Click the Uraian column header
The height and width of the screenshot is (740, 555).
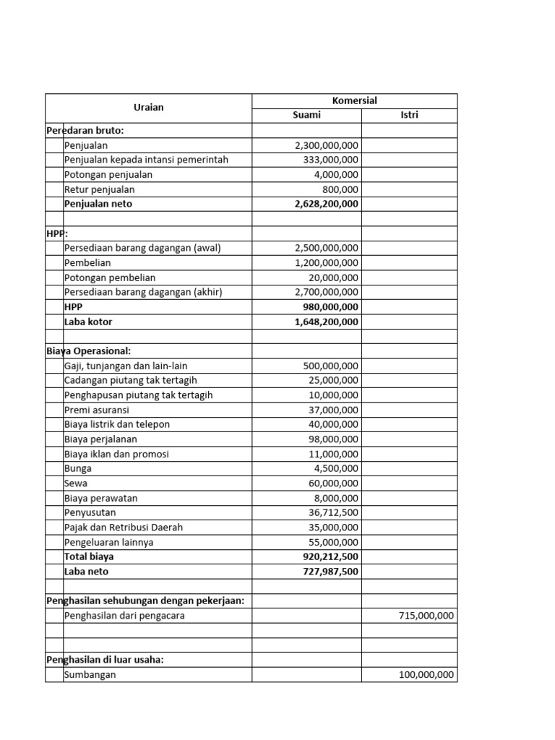[x=148, y=108]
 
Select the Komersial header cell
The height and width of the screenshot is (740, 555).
[x=354, y=100]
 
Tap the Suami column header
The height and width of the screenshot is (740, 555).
[x=306, y=116]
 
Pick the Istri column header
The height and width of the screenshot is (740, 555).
[x=409, y=116]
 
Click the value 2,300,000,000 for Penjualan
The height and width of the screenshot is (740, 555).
[x=327, y=145]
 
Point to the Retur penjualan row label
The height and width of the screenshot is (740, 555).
[x=99, y=189]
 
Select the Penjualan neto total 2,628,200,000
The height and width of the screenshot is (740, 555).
[x=326, y=204]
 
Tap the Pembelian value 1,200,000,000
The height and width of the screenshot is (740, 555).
[x=327, y=263]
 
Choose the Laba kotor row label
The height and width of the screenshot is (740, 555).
[x=88, y=322]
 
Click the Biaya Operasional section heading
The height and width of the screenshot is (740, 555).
[x=88, y=351]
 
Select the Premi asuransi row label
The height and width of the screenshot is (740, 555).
[x=96, y=410]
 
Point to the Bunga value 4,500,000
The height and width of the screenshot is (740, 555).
[x=336, y=468]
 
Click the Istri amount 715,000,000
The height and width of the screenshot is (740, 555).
[x=426, y=616]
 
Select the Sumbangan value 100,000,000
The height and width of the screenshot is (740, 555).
[x=426, y=675]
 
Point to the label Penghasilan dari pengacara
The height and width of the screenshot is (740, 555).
[x=124, y=616]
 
